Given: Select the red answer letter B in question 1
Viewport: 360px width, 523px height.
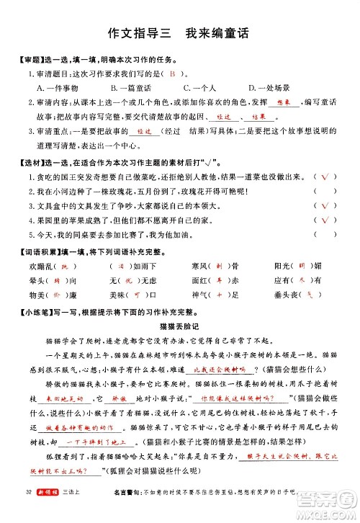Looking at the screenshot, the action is (x=174, y=73).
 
